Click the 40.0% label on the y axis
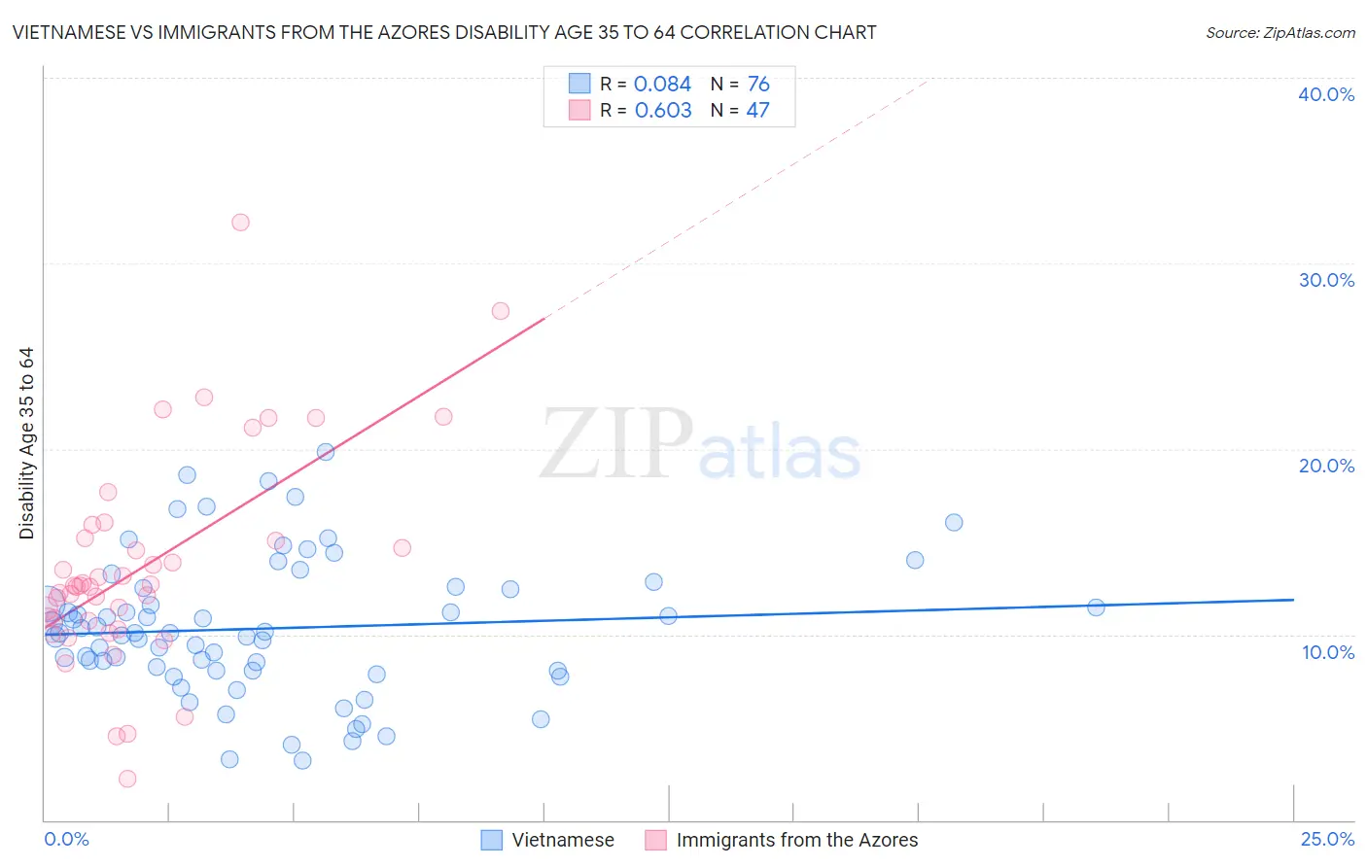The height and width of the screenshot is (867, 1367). click(1325, 94)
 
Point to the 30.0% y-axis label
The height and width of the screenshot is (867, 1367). click(1325, 280)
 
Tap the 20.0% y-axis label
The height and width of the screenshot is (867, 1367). click(1325, 466)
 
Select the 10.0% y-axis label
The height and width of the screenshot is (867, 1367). click(1327, 652)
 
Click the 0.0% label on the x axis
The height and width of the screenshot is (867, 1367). click(66, 839)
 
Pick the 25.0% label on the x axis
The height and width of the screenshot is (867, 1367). click(1327, 839)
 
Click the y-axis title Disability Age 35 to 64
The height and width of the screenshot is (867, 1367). click(26, 443)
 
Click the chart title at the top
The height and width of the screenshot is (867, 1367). click(444, 32)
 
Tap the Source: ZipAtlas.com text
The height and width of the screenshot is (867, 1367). click(1279, 33)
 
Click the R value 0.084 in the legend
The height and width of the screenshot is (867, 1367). click(662, 85)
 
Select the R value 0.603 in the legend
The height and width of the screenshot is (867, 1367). click(662, 111)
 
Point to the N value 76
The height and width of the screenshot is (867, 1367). click(758, 85)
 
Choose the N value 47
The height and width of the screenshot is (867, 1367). click(757, 111)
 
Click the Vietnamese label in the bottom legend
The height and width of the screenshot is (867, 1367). click(563, 840)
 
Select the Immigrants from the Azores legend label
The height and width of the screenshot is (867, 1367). click(796, 840)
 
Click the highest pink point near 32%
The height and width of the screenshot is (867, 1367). click(240, 223)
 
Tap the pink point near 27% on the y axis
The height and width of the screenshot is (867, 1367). click(501, 311)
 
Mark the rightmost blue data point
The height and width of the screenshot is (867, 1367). click(1096, 607)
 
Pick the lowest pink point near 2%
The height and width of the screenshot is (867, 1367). click(127, 779)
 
